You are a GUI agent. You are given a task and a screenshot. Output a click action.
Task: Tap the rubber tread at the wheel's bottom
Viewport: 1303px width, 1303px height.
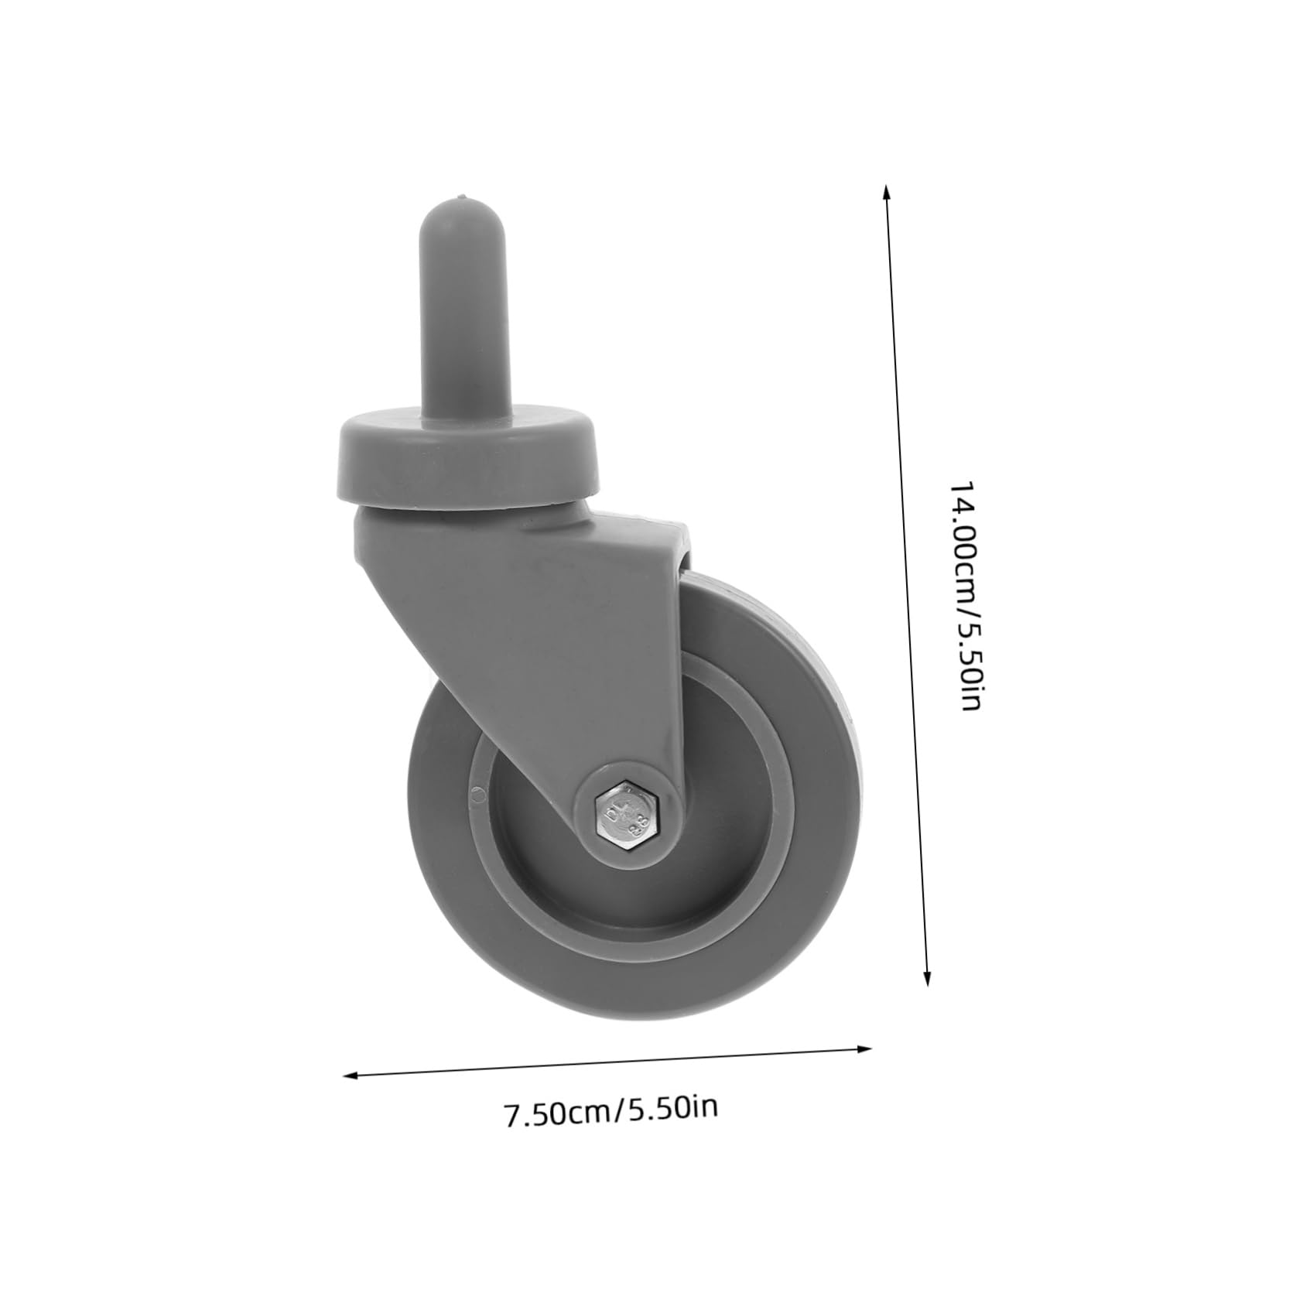coord(634,1011)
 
